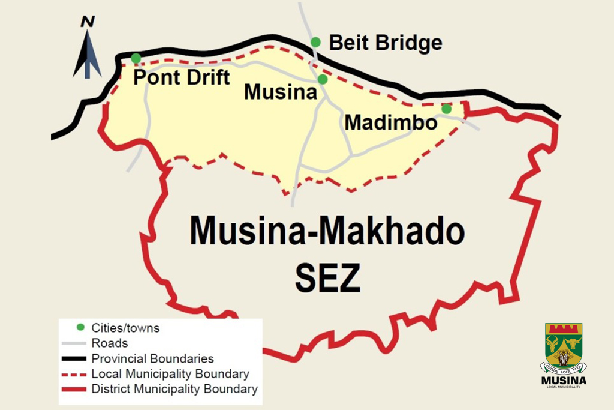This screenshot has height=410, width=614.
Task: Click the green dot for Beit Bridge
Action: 315,42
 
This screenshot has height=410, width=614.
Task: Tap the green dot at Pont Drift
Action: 136,58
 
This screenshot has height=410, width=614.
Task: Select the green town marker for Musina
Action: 323,79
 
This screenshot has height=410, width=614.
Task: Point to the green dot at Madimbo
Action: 446,109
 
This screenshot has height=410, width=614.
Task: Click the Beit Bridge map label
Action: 386,43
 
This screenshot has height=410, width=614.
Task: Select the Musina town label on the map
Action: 281,92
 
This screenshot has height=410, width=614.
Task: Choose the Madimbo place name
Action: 390,122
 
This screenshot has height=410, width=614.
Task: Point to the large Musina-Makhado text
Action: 327,231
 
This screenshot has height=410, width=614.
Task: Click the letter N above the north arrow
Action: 88,22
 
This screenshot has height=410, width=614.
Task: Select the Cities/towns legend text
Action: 125,328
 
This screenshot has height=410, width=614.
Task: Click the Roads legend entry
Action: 110,343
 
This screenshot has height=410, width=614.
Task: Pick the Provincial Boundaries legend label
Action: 152,359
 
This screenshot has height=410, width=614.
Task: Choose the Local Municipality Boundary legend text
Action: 170,374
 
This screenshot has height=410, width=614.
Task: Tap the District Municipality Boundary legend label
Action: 174,389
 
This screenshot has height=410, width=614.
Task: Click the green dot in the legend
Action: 80,328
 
